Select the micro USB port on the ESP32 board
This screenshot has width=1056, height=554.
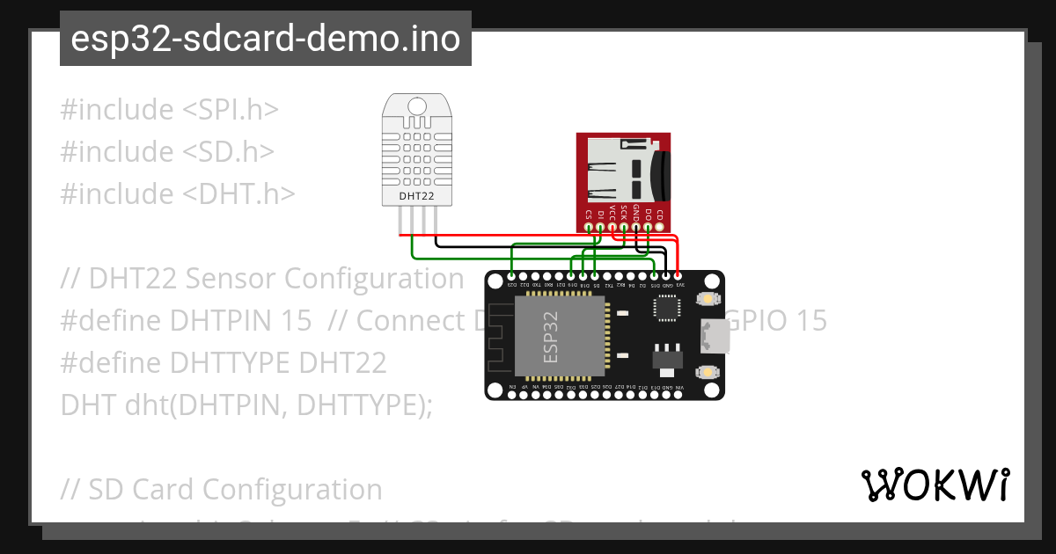point(712,335)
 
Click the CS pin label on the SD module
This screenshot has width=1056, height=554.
point(588,214)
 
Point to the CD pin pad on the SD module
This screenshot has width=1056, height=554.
point(660,228)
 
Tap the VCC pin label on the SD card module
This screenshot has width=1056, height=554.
point(612,214)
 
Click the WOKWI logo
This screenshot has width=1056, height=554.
point(935,485)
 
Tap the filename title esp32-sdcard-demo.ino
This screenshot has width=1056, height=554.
point(265,39)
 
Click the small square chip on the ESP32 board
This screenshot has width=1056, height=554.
point(666,309)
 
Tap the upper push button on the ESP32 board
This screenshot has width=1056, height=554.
point(707,300)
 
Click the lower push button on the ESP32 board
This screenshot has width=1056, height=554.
point(707,373)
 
